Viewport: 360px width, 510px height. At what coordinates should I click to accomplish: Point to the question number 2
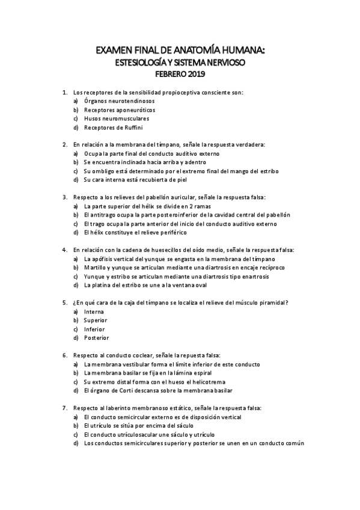tap(64, 145)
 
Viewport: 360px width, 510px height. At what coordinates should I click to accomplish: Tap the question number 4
tap(64, 250)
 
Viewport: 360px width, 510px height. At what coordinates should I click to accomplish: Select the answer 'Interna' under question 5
tap(94, 312)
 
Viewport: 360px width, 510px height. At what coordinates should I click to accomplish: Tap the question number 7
tap(64, 408)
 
